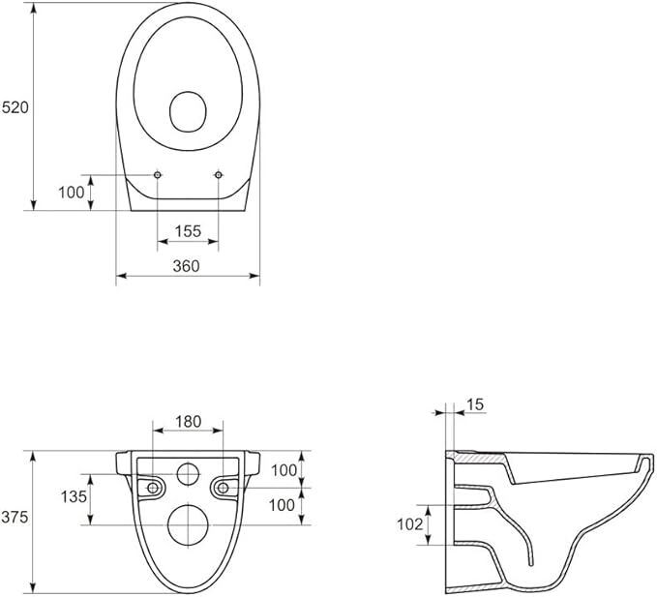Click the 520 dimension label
click(15, 107)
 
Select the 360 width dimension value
click(187, 266)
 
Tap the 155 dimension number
click(188, 231)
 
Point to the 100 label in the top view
click(72, 193)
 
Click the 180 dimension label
click(189, 422)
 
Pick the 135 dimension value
click(74, 496)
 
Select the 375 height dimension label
click(15, 517)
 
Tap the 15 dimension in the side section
click(475, 404)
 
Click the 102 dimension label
click(410, 524)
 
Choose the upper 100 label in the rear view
click(284, 470)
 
